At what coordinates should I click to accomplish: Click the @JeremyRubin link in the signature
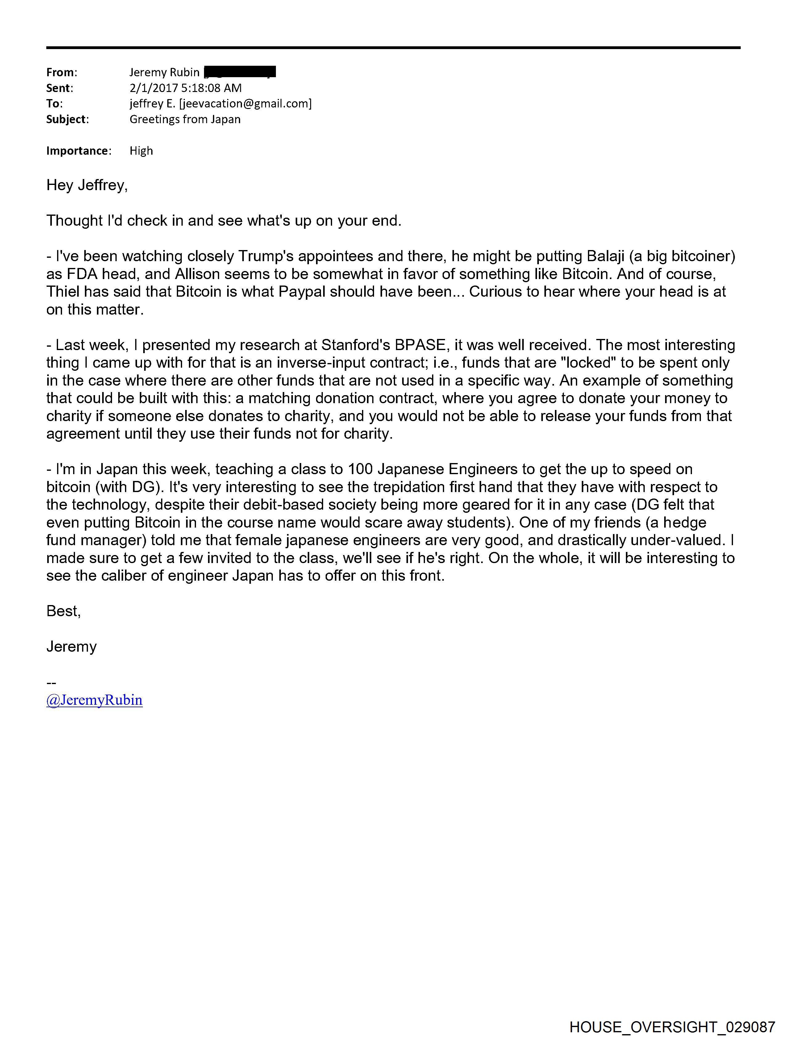pyautogui.click(x=94, y=700)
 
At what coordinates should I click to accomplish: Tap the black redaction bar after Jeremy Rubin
pyautogui.click(x=240, y=72)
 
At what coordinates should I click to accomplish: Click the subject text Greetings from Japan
pyautogui.click(x=185, y=119)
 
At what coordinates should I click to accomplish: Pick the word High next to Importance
pyautogui.click(x=141, y=151)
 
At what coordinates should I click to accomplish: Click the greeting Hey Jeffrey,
pyautogui.click(x=87, y=185)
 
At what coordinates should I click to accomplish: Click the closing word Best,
pyautogui.click(x=64, y=611)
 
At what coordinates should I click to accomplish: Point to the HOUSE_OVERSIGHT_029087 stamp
pyautogui.click(x=672, y=1027)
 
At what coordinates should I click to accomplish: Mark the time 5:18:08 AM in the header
pyautogui.click(x=211, y=88)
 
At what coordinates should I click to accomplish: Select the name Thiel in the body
pyautogui.click(x=63, y=292)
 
